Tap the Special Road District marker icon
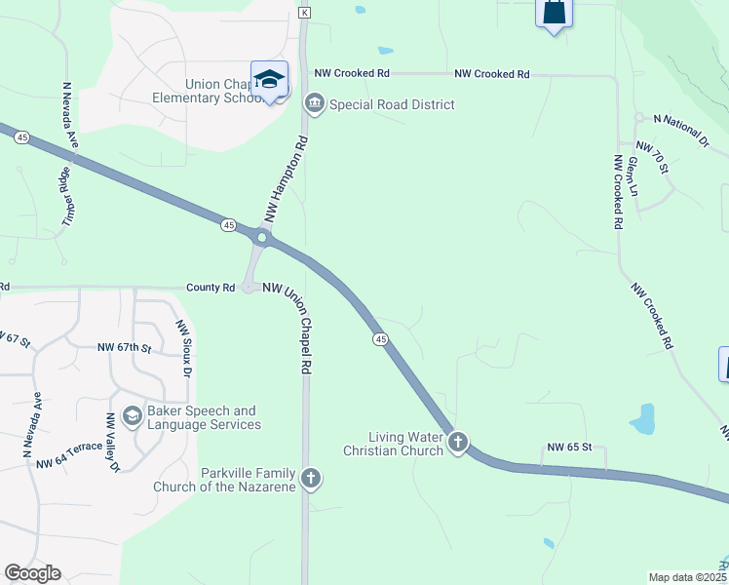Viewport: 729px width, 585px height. pyautogui.click(x=315, y=103)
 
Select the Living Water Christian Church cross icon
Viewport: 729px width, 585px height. pyautogui.click(x=458, y=444)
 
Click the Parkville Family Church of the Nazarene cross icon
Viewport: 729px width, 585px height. pyautogui.click(x=311, y=478)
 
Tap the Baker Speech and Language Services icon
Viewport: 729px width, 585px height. pyautogui.click(x=133, y=417)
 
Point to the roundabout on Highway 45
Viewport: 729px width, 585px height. pyautogui.click(x=261, y=237)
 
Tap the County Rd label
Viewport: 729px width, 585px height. pyautogui.click(x=211, y=288)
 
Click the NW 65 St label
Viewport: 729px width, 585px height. pyautogui.click(x=569, y=448)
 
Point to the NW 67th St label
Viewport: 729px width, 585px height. pyautogui.click(x=126, y=347)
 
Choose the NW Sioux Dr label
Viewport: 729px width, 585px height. pyautogui.click(x=182, y=348)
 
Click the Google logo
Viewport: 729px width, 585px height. pyautogui.click(x=32, y=573)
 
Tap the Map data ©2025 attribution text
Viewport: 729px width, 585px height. pyautogui.click(x=687, y=577)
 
